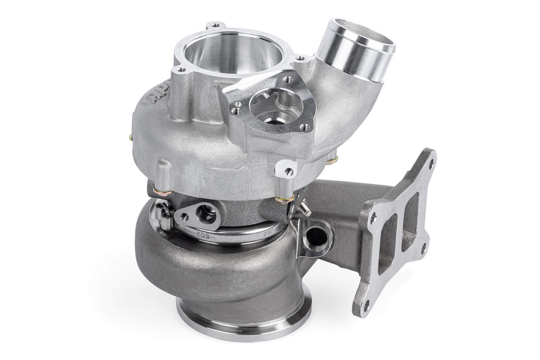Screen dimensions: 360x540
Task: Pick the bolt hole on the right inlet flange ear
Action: pos(300,59)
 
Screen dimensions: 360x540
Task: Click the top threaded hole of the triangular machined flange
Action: pos(288,78)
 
